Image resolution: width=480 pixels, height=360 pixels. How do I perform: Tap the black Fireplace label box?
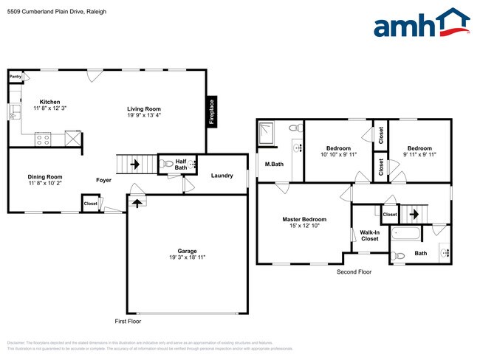pyautogui.click(x=211, y=112)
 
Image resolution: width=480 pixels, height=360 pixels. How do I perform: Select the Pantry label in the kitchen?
pyautogui.click(x=16, y=76)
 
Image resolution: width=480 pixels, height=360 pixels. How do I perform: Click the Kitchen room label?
pyautogui.click(x=50, y=102)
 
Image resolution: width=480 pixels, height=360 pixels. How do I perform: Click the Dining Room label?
pyautogui.click(x=45, y=176)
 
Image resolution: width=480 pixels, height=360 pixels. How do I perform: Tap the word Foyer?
pyautogui.click(x=104, y=179)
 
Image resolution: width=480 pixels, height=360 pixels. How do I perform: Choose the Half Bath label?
pyautogui.click(x=181, y=165)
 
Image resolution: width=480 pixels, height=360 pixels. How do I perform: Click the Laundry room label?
pyautogui.click(x=222, y=176)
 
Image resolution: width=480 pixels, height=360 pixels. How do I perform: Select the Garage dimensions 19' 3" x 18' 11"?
pyautogui.click(x=186, y=257)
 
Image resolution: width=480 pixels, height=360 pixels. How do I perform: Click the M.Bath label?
pyautogui.click(x=275, y=164)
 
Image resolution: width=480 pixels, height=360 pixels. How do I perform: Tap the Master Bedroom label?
pyautogui.click(x=304, y=219)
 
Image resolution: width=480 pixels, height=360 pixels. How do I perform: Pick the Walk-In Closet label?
pyautogui.click(x=369, y=235)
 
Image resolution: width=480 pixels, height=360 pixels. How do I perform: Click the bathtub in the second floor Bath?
pyautogui.click(x=407, y=234)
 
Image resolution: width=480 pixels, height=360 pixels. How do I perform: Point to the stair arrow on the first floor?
pyautogui.click(x=135, y=164)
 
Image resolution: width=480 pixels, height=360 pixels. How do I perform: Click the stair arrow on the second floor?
pyautogui.click(x=414, y=214)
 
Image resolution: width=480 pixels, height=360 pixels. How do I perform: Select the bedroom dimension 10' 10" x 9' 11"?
pyautogui.click(x=338, y=155)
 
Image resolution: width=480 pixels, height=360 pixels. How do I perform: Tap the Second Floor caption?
pyautogui.click(x=354, y=271)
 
